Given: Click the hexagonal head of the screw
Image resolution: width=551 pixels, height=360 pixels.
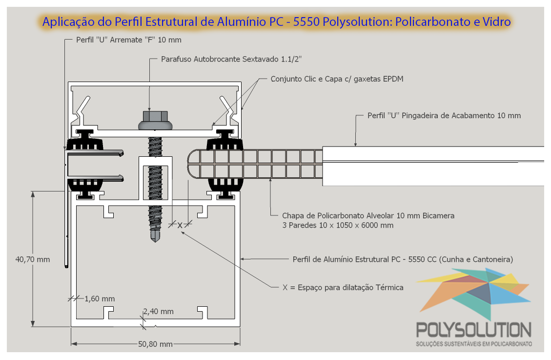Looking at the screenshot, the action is pyautogui.click(x=155, y=116).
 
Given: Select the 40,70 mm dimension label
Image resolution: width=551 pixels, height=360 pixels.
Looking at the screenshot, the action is pyautogui.click(x=33, y=259).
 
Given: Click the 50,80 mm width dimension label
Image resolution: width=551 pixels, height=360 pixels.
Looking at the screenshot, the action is pyautogui.click(x=155, y=344).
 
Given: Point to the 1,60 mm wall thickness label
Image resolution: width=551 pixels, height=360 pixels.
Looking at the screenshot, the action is pyautogui.click(x=100, y=299).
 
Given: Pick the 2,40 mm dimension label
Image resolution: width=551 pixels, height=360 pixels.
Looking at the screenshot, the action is pyautogui.click(x=158, y=312).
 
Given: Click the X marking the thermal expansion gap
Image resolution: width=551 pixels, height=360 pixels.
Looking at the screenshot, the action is pyautogui.click(x=180, y=225).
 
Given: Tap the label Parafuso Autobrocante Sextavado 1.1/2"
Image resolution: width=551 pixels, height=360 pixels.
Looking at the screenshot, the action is pyautogui.click(x=231, y=59).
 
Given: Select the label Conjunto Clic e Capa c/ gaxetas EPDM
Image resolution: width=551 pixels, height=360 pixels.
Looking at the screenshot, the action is pyautogui.click(x=337, y=79).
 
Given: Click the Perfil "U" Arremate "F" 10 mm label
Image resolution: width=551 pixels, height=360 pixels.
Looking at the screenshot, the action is pyautogui.click(x=129, y=40).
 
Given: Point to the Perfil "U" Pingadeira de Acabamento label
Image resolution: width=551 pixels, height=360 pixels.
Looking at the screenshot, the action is pyautogui.click(x=444, y=116).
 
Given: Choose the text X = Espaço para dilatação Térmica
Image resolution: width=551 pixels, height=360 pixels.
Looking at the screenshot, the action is pyautogui.click(x=343, y=288).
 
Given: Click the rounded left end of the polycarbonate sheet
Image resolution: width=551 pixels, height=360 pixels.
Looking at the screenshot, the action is pyautogui.click(x=191, y=164).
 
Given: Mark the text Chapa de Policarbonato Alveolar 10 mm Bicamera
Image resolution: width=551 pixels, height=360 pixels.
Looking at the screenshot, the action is pyautogui.click(x=368, y=215).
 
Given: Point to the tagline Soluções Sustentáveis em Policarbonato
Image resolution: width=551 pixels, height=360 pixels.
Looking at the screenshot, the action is pyautogui.click(x=474, y=344).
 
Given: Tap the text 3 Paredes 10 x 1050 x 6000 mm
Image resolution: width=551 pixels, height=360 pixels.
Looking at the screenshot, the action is pyautogui.click(x=338, y=225).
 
